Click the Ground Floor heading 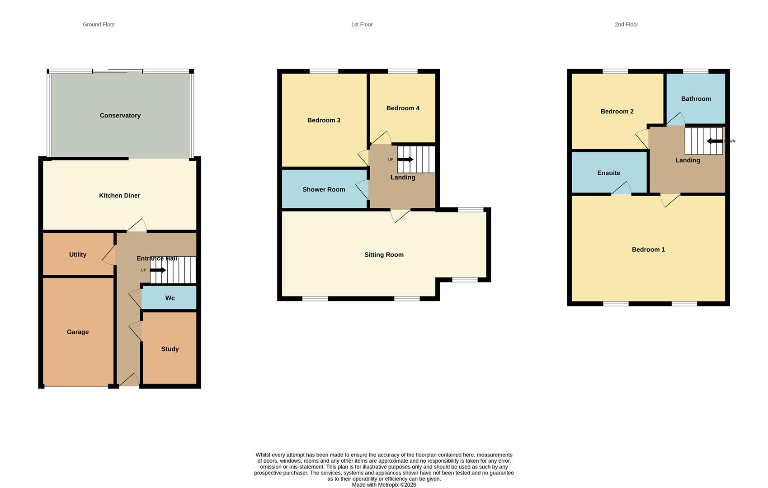pyautogui.click(x=99, y=24)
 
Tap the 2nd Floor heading pyautogui.click(x=626, y=24)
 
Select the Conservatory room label pyautogui.click(x=120, y=116)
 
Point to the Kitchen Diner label pyautogui.click(x=120, y=196)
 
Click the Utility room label pyautogui.click(x=78, y=255)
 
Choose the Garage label pyautogui.click(x=78, y=332)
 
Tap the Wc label pyautogui.click(x=170, y=298)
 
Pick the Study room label pyautogui.click(x=170, y=349)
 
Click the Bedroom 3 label pyautogui.click(x=324, y=120)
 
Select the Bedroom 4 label pyautogui.click(x=403, y=108)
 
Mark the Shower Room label pyautogui.click(x=324, y=190)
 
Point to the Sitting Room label pyautogui.click(x=384, y=255)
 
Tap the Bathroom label pyautogui.click(x=696, y=99)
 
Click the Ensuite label pyautogui.click(x=608, y=173)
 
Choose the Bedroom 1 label pyautogui.click(x=648, y=249)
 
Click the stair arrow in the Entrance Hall pyautogui.click(x=158, y=270)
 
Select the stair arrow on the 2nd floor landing pyautogui.click(x=715, y=141)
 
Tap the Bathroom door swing pyautogui.click(x=675, y=119)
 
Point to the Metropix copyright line pyautogui.click(x=384, y=485)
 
